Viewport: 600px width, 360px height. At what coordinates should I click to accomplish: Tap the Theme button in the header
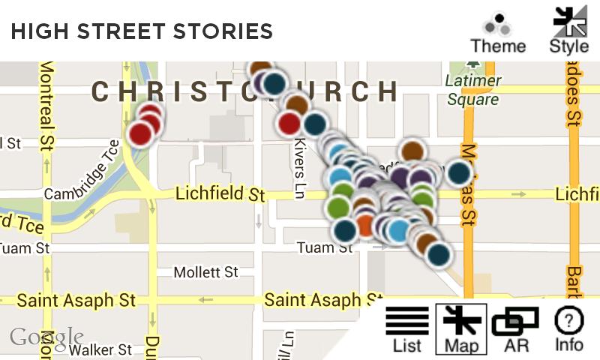[x=498, y=33]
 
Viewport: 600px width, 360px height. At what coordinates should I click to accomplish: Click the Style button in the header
[x=569, y=31]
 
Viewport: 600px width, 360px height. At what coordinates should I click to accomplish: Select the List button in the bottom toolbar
[x=407, y=330]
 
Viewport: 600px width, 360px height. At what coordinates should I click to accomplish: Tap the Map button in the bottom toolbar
[x=461, y=329]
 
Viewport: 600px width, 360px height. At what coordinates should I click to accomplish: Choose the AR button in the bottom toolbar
[x=515, y=330]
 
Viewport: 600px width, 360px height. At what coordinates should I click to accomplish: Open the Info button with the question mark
[x=569, y=330]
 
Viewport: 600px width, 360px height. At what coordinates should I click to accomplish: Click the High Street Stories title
[x=142, y=31]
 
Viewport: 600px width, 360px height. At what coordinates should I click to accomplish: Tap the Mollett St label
[x=205, y=271]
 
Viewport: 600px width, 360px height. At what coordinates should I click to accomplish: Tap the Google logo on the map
[x=46, y=337]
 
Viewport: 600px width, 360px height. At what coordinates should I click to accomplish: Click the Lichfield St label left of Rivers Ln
[x=220, y=194]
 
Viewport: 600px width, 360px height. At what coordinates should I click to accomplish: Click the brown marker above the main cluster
[x=412, y=152]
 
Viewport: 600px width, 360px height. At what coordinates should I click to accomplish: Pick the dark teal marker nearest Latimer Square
[x=458, y=173]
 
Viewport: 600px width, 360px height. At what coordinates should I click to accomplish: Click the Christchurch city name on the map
[x=244, y=91]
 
